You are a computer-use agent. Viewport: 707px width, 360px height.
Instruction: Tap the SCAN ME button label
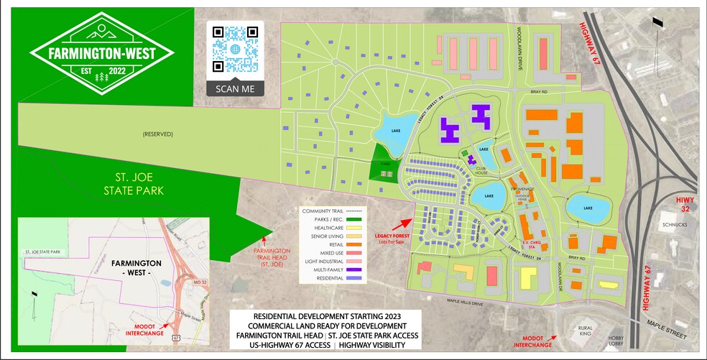tap(235, 88)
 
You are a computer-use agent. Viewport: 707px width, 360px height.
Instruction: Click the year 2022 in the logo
tap(116, 73)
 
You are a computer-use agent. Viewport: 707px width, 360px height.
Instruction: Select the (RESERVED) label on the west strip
tap(158, 134)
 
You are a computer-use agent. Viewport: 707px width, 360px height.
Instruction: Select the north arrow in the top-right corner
tap(656, 23)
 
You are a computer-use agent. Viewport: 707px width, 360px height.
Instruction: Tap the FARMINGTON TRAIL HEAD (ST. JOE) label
tap(269, 255)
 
